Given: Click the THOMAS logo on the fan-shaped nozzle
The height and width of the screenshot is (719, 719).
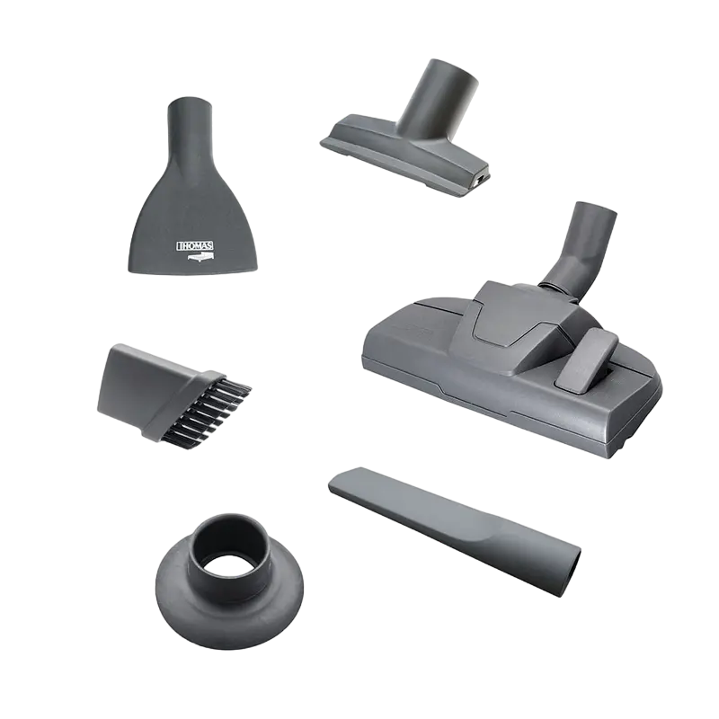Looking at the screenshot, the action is (195, 246).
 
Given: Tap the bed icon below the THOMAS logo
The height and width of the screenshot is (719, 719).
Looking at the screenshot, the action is (200, 258).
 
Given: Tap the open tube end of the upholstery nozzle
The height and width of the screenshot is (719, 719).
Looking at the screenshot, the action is (452, 75).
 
